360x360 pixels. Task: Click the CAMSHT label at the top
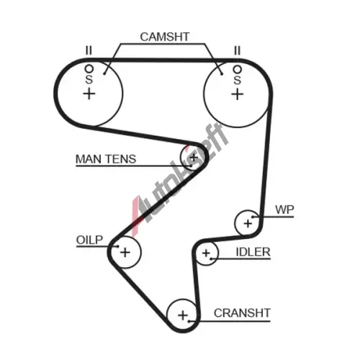(x=165, y=37)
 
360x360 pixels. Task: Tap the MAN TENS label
(x=106, y=159)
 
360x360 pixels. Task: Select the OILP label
(x=89, y=240)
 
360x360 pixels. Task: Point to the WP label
(x=284, y=210)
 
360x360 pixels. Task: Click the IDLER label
(x=253, y=252)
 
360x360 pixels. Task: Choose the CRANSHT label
(x=242, y=313)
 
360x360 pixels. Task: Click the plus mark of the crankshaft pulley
(x=183, y=315)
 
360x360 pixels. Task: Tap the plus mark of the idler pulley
(x=206, y=253)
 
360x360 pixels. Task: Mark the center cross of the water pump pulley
(x=248, y=224)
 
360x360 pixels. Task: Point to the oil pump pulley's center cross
(x=125, y=252)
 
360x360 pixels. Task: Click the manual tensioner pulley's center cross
(x=194, y=158)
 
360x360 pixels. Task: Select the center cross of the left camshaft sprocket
(x=89, y=94)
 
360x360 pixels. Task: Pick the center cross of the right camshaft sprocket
(x=238, y=94)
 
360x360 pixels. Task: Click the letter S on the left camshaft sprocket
(x=89, y=79)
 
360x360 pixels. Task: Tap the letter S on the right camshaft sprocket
(x=237, y=80)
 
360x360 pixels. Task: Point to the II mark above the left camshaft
(x=89, y=50)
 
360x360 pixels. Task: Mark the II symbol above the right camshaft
(x=237, y=50)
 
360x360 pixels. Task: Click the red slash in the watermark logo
(x=135, y=216)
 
